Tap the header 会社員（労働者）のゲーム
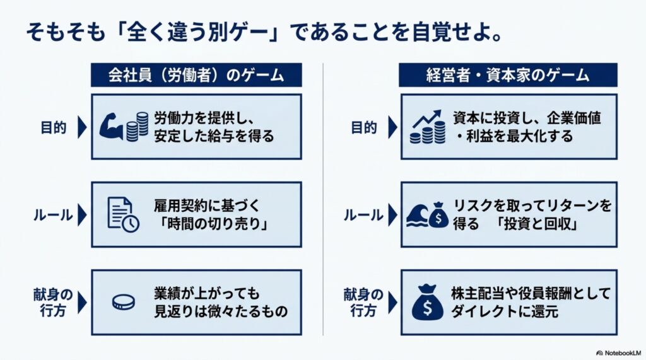point(196,75)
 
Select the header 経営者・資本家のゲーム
point(508,75)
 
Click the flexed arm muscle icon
point(111,126)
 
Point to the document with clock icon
point(123,214)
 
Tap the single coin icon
point(123,303)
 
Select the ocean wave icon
point(417,216)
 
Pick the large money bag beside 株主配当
point(427,303)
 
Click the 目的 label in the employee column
point(54,127)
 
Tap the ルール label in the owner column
point(363,215)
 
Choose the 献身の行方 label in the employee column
point(53,303)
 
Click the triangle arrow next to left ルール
point(83,215)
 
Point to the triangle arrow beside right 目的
point(392,127)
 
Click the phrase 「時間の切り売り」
point(213,224)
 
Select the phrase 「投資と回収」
point(537,224)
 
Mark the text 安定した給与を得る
point(214,136)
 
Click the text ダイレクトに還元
point(504,311)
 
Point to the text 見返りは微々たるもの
point(220,311)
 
